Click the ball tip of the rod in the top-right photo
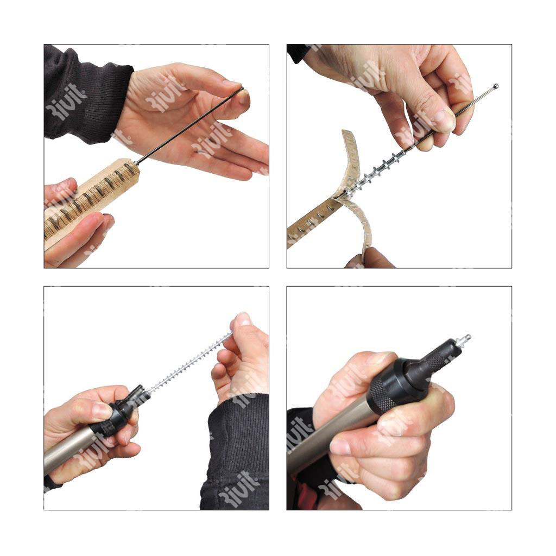(496, 86)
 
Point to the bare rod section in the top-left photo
(189, 126)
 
